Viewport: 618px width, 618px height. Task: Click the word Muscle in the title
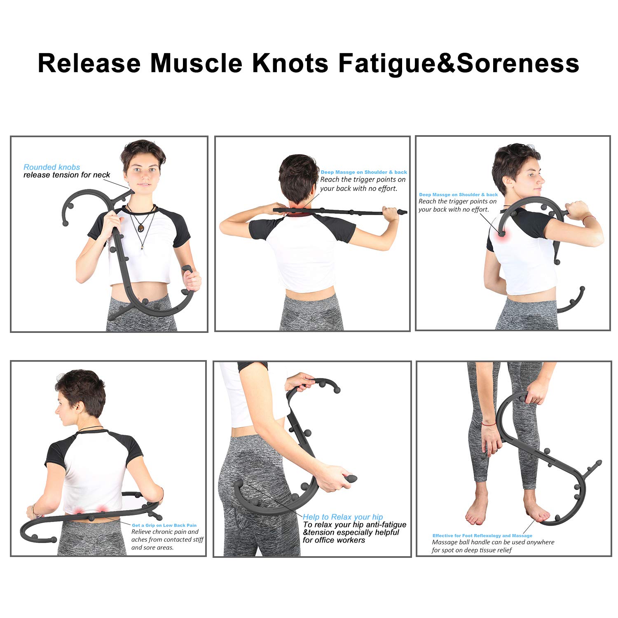coord(197,63)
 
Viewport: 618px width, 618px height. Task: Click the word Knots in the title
coord(290,63)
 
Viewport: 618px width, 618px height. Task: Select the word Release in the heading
coord(89,63)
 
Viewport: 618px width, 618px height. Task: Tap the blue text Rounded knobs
coord(51,167)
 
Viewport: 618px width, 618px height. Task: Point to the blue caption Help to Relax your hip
coord(343,517)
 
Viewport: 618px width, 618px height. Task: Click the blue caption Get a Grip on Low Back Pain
coord(164,525)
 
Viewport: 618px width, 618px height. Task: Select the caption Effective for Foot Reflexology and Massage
coord(482,536)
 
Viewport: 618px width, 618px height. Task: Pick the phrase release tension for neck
coord(67,175)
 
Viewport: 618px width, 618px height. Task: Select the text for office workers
coord(334,540)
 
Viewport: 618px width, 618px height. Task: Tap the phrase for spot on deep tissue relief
coord(472,550)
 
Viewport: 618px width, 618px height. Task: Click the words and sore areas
coord(152,548)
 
